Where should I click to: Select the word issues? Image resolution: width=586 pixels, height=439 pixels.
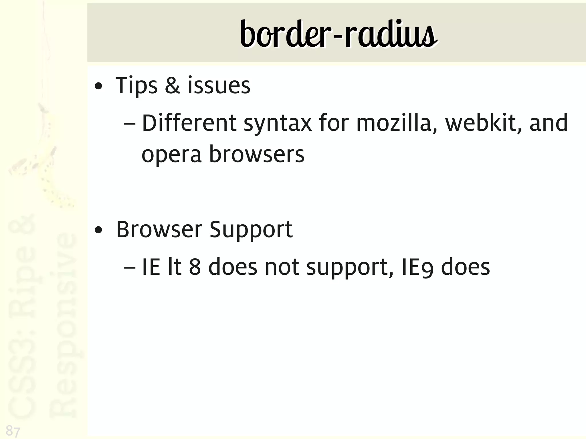[219, 86]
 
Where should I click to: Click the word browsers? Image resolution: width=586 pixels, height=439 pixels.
[257, 154]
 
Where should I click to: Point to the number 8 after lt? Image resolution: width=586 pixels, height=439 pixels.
[195, 267]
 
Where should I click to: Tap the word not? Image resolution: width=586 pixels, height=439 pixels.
[282, 267]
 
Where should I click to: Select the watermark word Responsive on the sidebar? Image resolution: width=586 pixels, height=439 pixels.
[64, 325]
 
